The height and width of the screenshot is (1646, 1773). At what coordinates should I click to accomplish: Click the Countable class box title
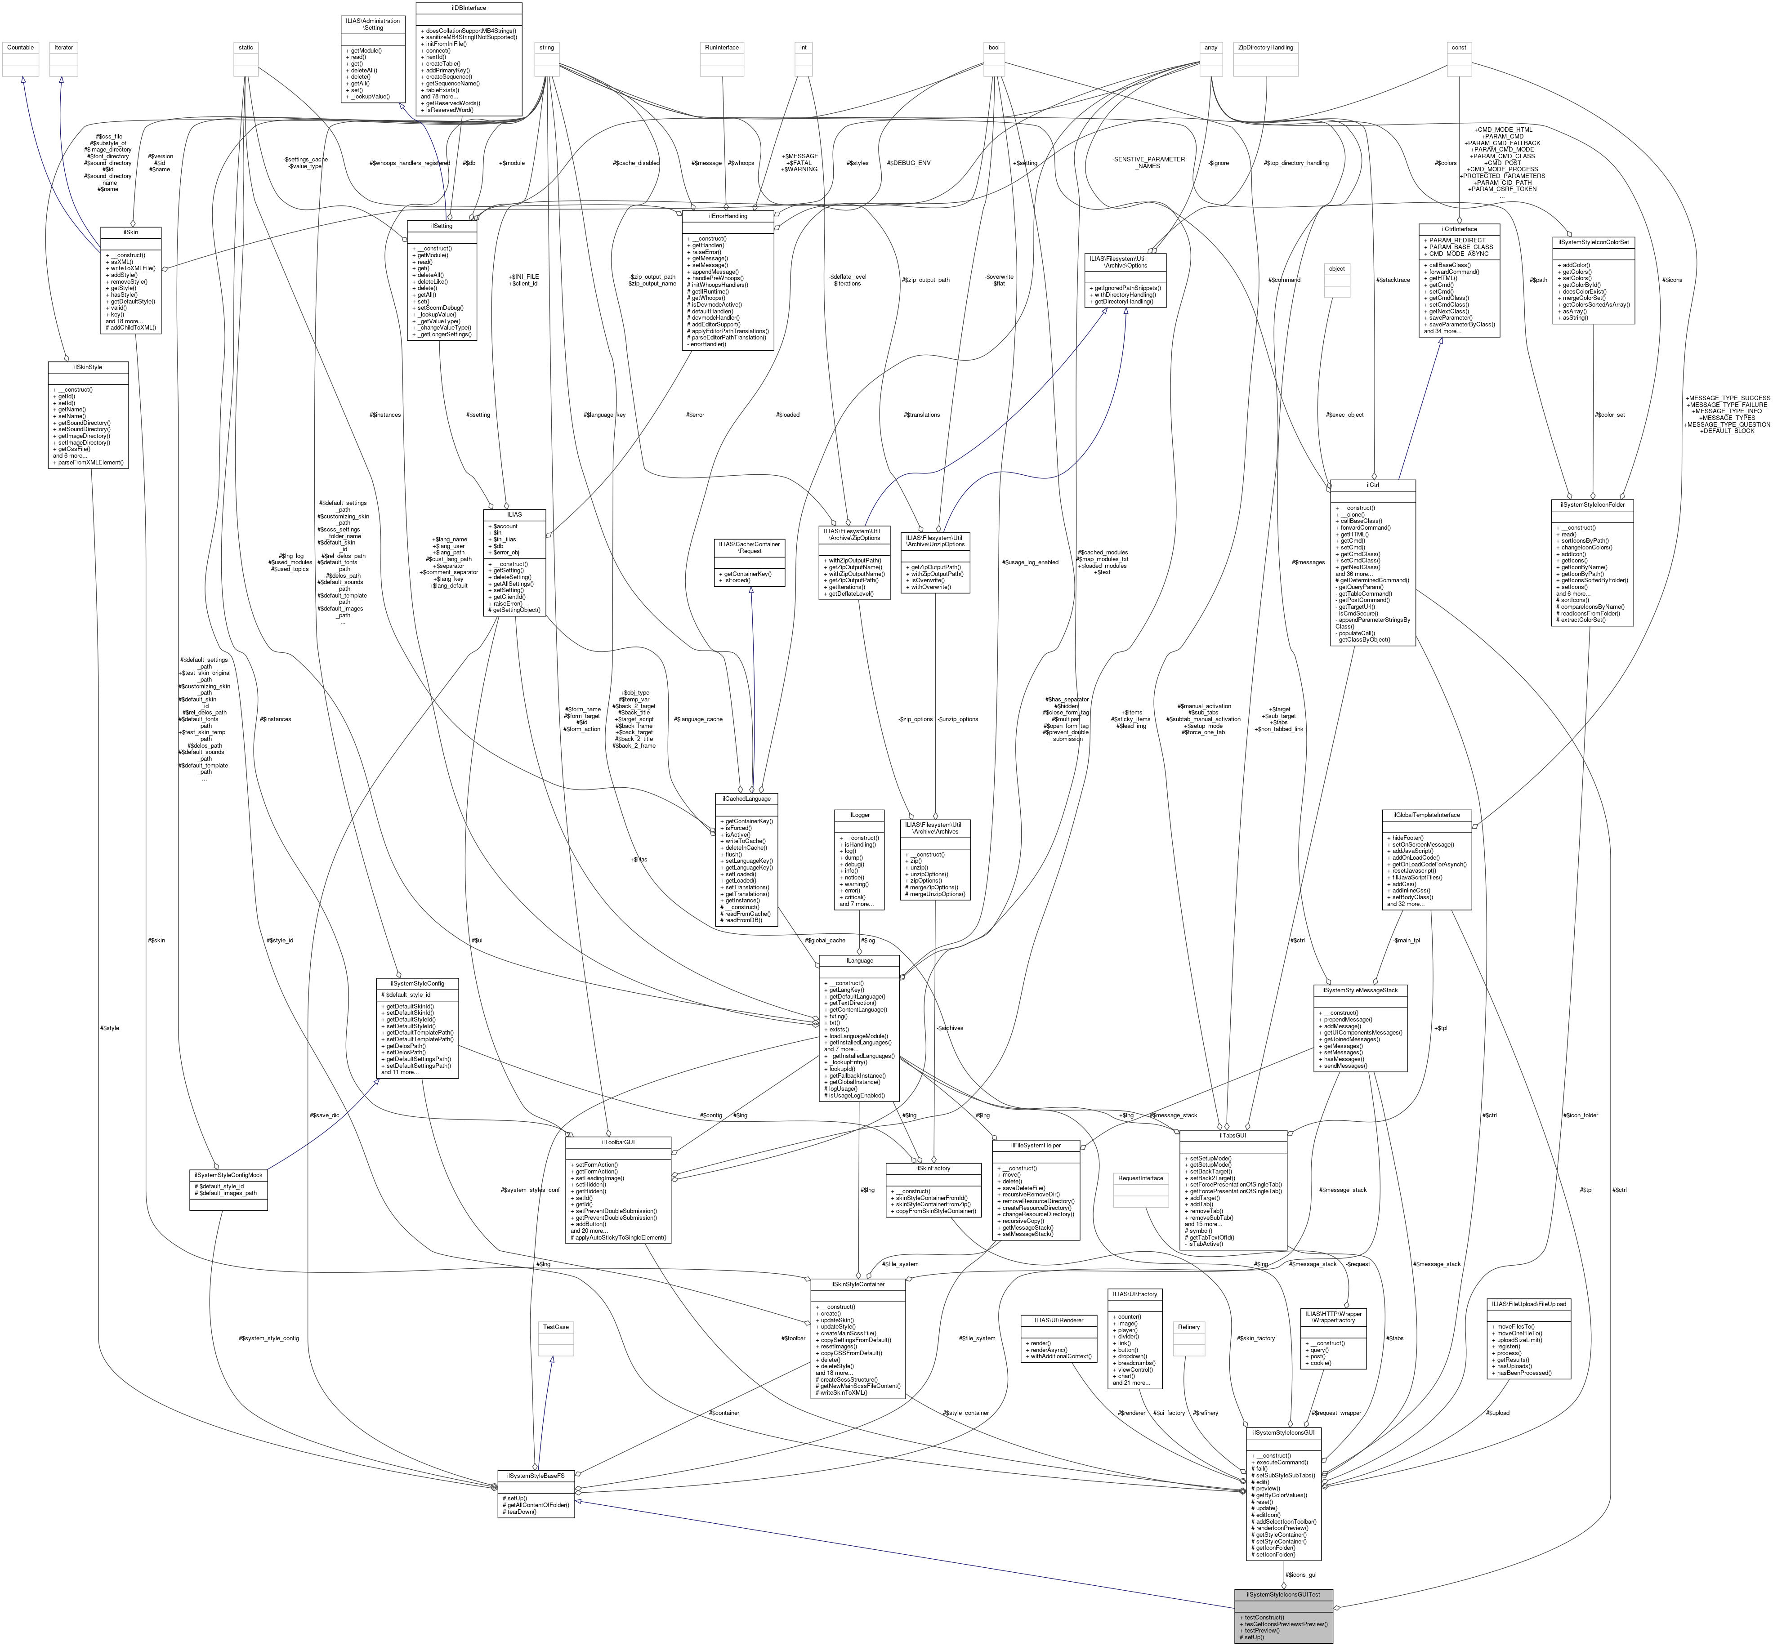tap(20, 47)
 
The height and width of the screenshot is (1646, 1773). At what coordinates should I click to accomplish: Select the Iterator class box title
tap(63, 47)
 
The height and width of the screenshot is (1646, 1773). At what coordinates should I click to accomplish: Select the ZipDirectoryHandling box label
tap(1264, 47)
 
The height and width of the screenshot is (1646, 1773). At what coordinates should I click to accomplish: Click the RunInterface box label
tap(722, 47)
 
